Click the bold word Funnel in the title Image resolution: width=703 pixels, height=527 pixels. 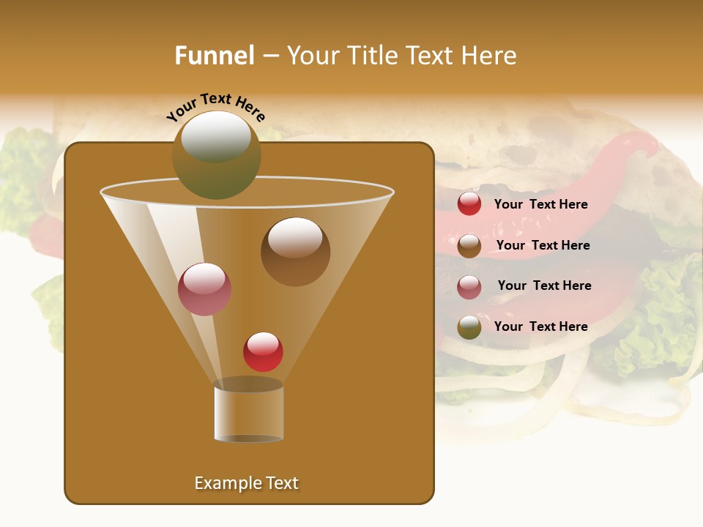tap(215, 56)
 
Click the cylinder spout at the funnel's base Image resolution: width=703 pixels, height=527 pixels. tap(248, 411)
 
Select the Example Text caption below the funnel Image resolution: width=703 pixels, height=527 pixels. tap(247, 483)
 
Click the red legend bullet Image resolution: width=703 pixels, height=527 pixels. tap(469, 204)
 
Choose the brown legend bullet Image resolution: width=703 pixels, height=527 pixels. tap(469, 246)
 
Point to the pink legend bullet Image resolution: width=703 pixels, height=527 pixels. tap(469, 286)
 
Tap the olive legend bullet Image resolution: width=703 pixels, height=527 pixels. tap(469, 327)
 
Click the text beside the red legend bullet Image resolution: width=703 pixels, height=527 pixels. tap(540, 204)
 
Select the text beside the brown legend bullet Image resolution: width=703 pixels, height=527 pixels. tap(543, 245)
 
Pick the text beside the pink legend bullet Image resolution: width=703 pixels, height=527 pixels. tap(544, 285)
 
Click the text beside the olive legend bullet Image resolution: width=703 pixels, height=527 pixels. tap(540, 326)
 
